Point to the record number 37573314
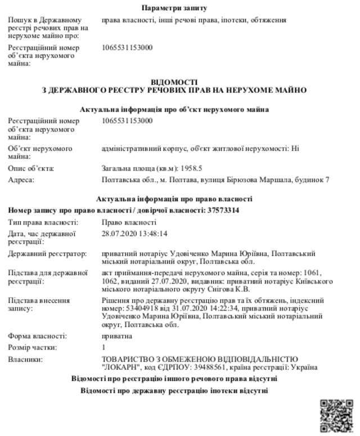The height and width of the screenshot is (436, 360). click(220, 210)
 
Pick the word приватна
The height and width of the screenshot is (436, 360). click(117, 336)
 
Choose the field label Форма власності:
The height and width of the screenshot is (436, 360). click(37, 336)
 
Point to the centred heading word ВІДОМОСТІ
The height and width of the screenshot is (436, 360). click(174, 82)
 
